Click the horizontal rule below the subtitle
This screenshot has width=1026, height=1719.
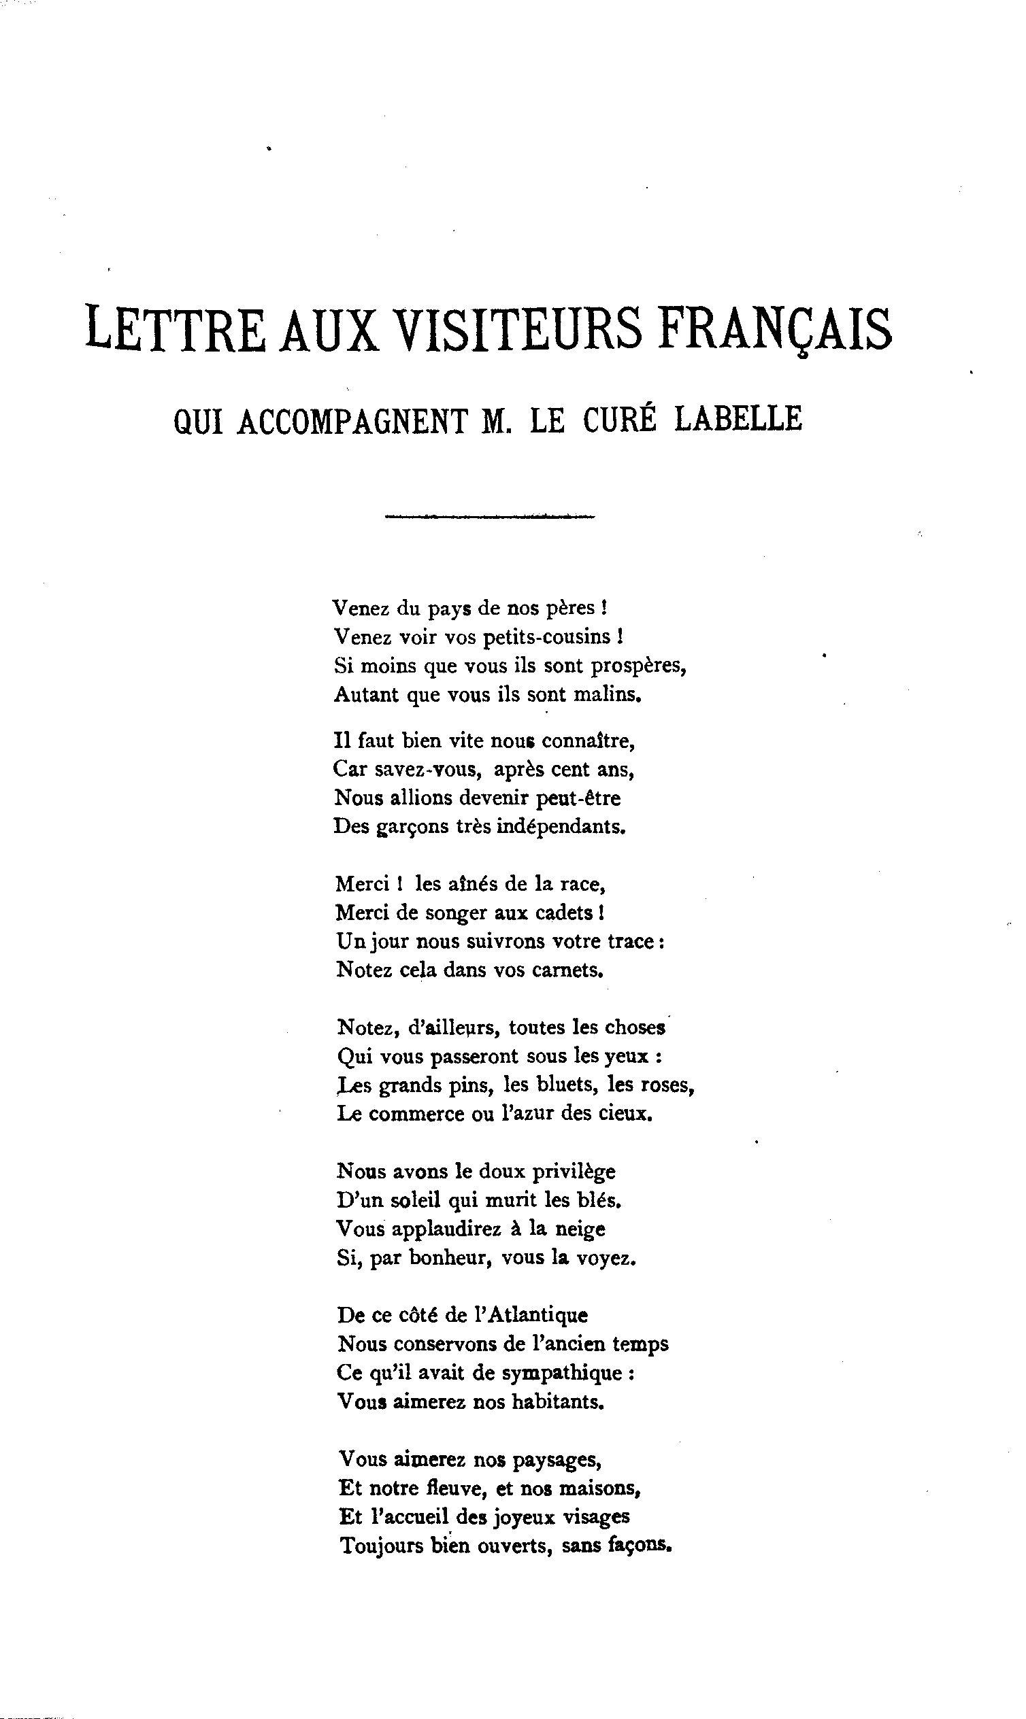pyautogui.click(x=489, y=516)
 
